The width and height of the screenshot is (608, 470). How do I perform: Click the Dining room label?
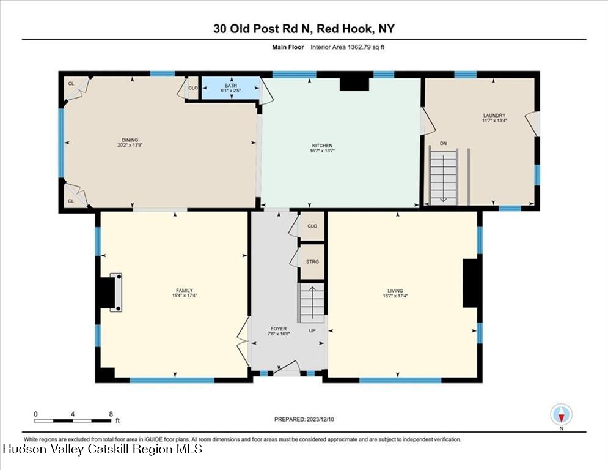(130, 140)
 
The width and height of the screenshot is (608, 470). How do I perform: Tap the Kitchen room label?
(322, 146)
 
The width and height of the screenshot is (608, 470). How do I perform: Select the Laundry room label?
(494, 116)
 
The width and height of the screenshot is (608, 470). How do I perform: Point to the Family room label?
(185, 290)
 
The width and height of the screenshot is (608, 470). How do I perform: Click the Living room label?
(395, 291)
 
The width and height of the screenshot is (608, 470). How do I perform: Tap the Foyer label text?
(279, 329)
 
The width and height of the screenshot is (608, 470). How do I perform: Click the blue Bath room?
(231, 88)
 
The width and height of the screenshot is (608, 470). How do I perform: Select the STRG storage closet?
(312, 262)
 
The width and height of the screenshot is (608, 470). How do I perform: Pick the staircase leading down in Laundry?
(443, 177)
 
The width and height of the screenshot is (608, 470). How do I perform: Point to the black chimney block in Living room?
(471, 283)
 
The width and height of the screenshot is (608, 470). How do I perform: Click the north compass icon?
(561, 414)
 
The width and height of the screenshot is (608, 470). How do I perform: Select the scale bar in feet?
(73, 420)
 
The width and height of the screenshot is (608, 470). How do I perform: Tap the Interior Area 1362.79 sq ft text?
(348, 47)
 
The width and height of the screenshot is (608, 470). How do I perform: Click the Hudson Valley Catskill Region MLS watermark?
(103, 449)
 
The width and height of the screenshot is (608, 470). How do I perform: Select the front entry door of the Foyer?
(287, 368)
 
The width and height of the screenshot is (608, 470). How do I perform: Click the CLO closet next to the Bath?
(192, 88)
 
